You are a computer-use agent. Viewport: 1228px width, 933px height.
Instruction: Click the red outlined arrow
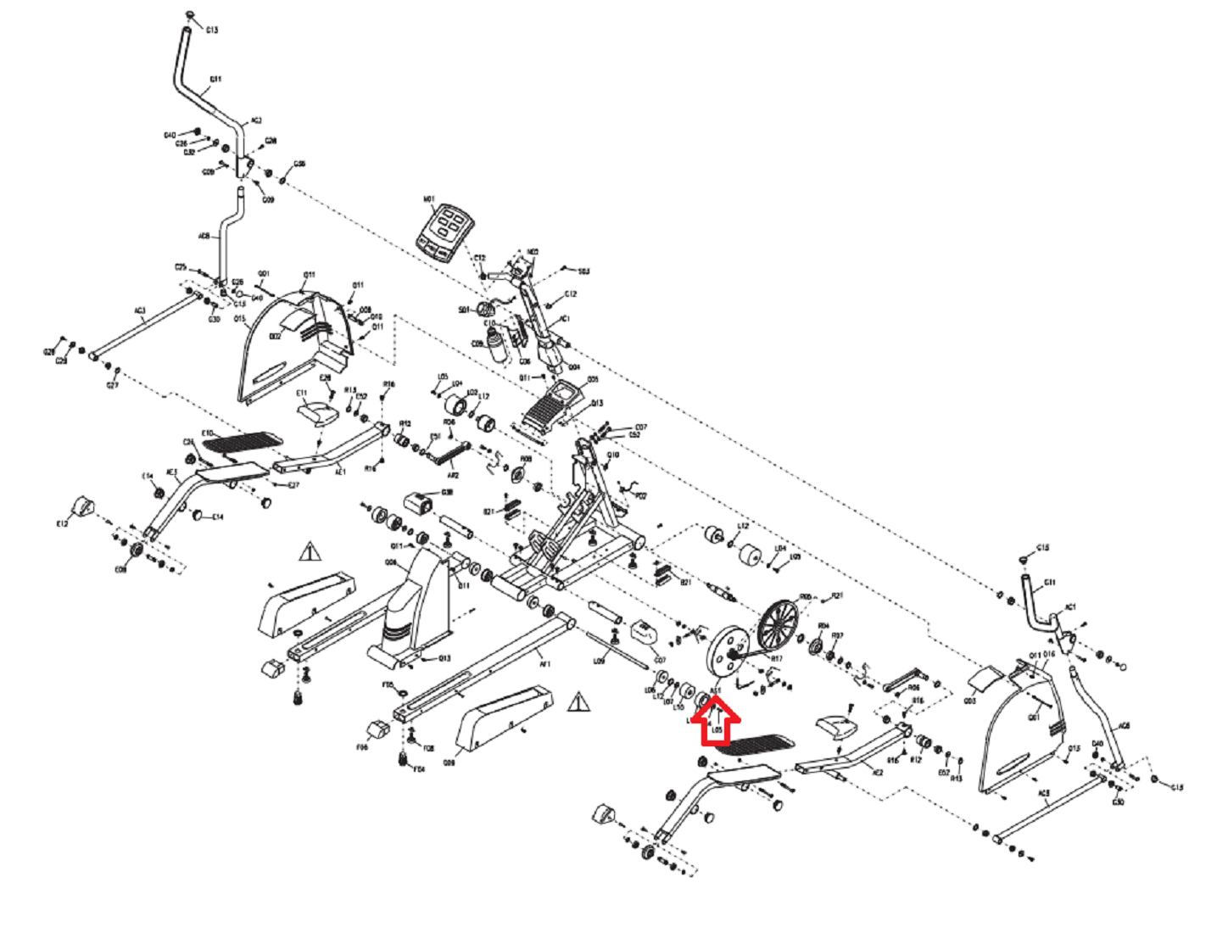[x=717, y=723]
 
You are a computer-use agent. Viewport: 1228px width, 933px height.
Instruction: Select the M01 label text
[x=429, y=200]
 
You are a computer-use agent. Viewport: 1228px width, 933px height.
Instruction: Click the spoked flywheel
[x=779, y=625]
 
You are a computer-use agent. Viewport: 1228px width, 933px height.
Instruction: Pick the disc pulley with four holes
[x=728, y=651]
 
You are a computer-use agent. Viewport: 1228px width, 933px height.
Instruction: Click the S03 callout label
[x=583, y=271]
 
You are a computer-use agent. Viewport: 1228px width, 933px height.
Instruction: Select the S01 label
[x=464, y=310]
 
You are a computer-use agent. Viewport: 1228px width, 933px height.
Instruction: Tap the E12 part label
[x=62, y=524]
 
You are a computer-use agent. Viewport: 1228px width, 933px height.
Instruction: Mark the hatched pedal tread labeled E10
[x=244, y=441]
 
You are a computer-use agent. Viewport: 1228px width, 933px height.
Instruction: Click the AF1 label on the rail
[x=545, y=663]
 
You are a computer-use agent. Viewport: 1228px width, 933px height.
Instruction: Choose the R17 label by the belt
[x=776, y=658]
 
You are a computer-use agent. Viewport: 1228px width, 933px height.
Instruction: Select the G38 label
[x=447, y=493]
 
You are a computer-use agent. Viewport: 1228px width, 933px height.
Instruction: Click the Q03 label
[x=970, y=701]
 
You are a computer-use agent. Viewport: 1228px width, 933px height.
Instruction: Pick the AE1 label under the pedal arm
[x=341, y=472]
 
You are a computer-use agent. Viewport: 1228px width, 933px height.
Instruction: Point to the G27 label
[x=113, y=385]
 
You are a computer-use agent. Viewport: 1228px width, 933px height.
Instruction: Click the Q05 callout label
[x=593, y=379]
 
